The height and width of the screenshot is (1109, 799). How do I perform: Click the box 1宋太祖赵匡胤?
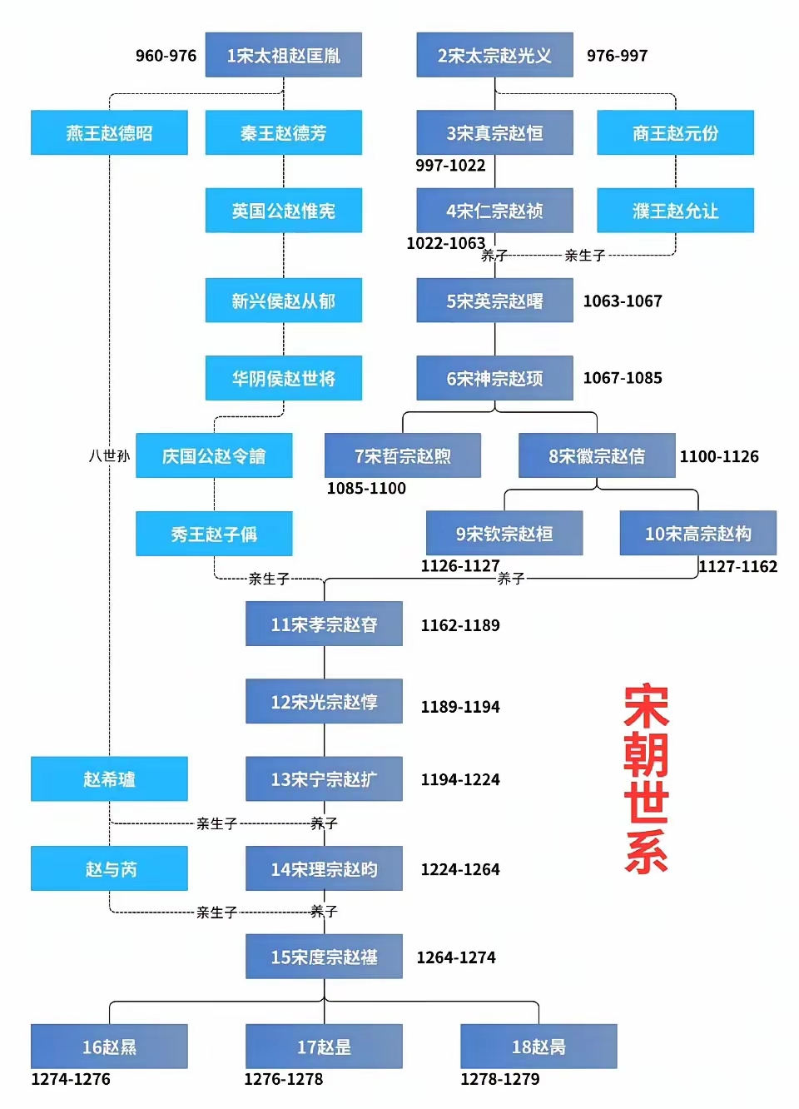(x=283, y=55)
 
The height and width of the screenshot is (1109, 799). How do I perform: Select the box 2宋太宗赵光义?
(x=494, y=55)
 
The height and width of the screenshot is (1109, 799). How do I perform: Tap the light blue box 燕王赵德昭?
(x=109, y=132)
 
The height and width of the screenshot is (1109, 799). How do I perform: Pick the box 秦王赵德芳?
(x=283, y=132)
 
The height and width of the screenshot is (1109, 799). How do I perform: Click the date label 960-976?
(x=166, y=56)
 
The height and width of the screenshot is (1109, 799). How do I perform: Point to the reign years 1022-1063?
(x=445, y=243)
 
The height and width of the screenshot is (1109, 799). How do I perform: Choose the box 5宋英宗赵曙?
(x=494, y=301)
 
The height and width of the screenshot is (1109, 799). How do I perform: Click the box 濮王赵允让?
(x=675, y=211)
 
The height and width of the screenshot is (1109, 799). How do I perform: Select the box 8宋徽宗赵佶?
(x=596, y=455)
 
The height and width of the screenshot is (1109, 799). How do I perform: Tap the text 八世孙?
(x=109, y=455)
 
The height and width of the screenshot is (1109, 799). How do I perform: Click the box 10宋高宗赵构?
(x=697, y=533)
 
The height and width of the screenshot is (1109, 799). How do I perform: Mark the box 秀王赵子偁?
(x=214, y=534)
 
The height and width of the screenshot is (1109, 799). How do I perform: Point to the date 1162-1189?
(x=460, y=625)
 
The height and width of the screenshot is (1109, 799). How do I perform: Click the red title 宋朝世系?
(x=646, y=778)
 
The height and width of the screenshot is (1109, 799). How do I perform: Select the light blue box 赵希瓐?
(x=109, y=779)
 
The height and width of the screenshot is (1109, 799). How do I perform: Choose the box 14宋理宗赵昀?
(x=324, y=869)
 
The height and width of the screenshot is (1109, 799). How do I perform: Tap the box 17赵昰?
(x=324, y=1047)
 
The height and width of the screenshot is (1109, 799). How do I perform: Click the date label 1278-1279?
(x=499, y=1079)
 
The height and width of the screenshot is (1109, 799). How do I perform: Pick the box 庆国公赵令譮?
(x=214, y=455)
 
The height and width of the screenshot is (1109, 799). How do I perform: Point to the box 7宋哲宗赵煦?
(x=402, y=455)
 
